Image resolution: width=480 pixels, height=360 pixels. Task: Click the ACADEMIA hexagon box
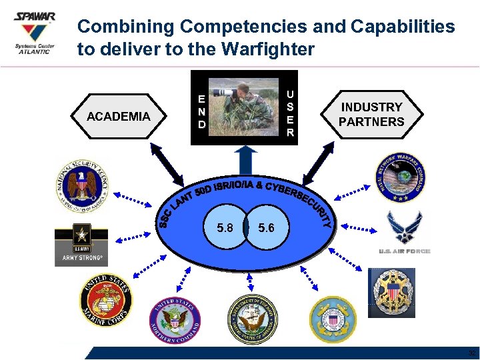[x=119, y=117]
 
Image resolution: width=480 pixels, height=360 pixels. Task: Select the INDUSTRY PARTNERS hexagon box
[x=371, y=115]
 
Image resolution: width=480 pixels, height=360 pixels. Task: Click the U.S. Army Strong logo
[x=82, y=244]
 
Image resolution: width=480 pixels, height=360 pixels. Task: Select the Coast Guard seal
[x=333, y=319]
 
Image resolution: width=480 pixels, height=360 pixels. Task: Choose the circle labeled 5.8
[x=225, y=228]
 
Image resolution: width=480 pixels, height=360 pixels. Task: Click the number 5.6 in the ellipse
[x=266, y=228]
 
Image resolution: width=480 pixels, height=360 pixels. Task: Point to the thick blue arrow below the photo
[x=247, y=160]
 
